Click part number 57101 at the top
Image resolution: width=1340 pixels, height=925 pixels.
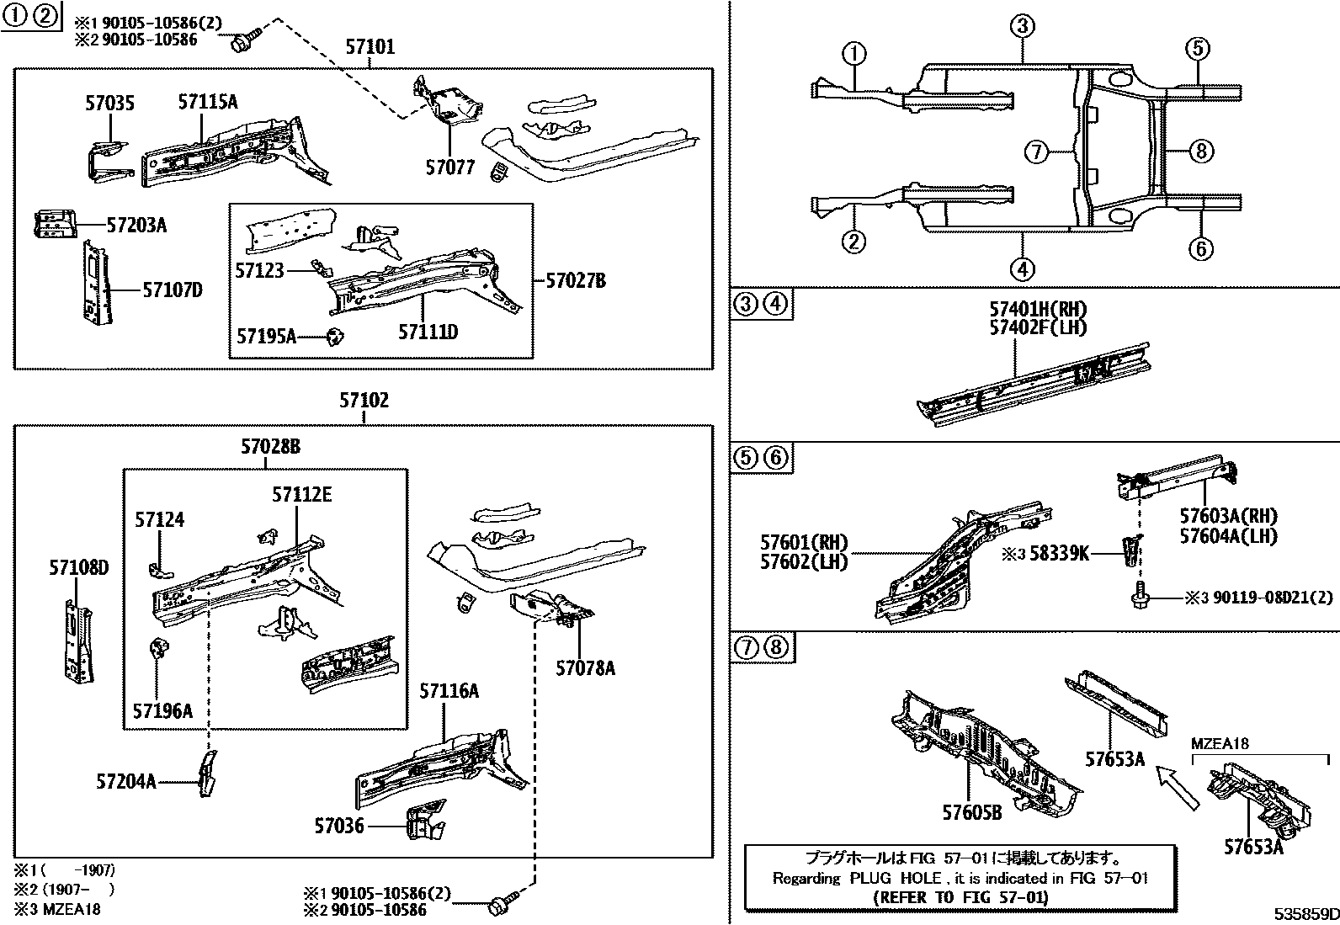pos(370,48)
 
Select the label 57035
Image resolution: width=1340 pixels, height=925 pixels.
pos(109,104)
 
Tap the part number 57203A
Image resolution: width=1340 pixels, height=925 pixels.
pos(136,225)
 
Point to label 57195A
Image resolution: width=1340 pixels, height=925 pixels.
pos(266,336)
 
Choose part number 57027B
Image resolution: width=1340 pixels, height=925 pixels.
pos(575,281)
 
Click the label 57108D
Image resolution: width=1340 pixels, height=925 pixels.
pos(78,568)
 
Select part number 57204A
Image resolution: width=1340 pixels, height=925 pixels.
pos(126,781)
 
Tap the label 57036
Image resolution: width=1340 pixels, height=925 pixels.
pos(339,826)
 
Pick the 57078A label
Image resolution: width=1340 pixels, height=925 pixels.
pos(585,668)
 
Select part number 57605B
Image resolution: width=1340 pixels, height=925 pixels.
pos(971,812)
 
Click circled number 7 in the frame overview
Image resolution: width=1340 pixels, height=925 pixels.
pos(1036,152)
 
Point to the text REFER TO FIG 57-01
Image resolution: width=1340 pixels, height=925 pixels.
pos(960,897)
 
